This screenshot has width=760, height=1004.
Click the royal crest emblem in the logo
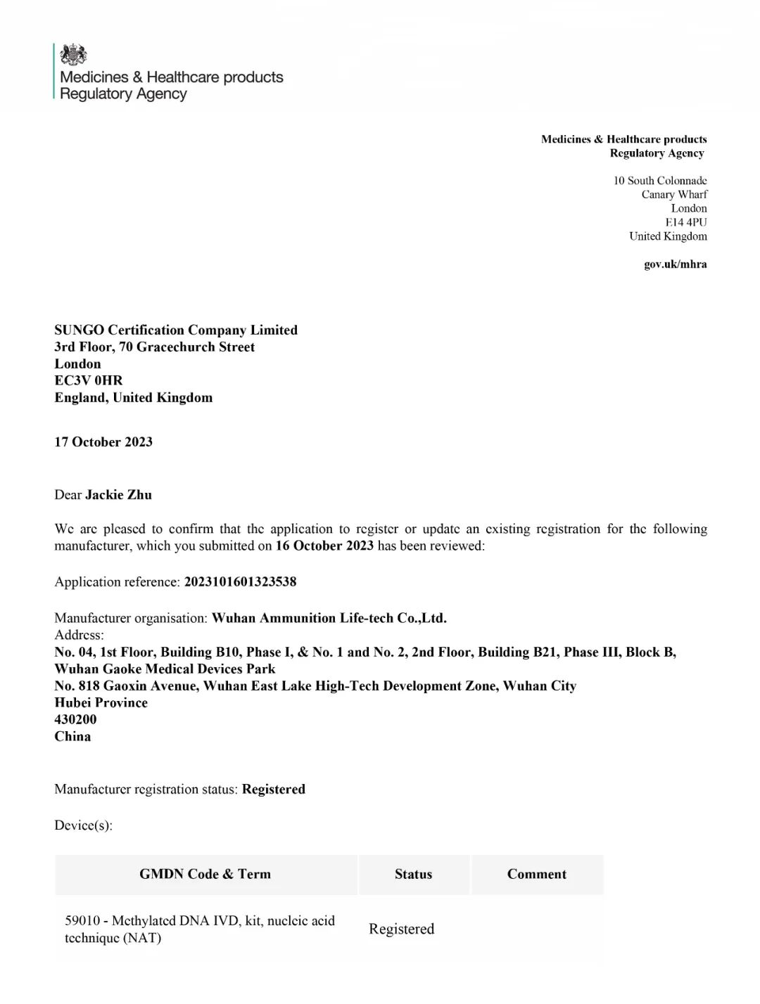(74, 54)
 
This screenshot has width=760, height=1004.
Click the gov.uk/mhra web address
(675, 264)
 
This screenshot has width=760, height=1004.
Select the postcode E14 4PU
(686, 222)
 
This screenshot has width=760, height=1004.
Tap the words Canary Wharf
(674, 194)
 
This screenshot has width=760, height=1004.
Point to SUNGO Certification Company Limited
(176, 330)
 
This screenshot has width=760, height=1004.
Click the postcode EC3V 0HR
(89, 380)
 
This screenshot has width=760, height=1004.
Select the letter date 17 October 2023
(103, 442)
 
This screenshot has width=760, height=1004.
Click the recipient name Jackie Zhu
(118, 494)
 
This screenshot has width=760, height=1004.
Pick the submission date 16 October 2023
(324, 546)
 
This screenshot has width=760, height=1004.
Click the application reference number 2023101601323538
(240, 581)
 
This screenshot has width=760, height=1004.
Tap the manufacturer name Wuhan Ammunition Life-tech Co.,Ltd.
(329, 618)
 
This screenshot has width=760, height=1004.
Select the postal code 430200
(75, 719)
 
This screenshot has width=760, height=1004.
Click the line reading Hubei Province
(101, 702)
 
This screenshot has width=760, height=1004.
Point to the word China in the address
(72, 736)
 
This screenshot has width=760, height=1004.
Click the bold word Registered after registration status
(274, 789)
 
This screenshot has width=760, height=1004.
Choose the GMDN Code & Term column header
(205, 874)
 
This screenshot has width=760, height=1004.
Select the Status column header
(413, 874)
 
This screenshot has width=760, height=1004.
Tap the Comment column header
(536, 874)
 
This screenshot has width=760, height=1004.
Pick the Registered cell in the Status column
(401, 929)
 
